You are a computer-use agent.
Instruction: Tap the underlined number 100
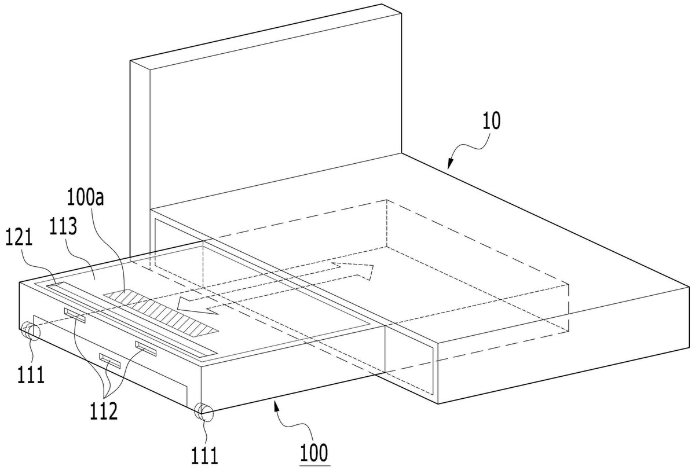pos(314,453)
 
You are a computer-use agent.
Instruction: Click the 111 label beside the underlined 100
pos(204,455)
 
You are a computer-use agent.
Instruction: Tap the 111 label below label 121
pos(31,374)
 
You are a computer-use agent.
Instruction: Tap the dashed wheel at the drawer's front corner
pos(203,411)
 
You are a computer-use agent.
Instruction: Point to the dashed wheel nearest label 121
pos(30,332)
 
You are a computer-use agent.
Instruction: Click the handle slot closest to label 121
pos(75,315)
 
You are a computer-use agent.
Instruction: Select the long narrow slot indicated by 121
pos(131,318)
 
